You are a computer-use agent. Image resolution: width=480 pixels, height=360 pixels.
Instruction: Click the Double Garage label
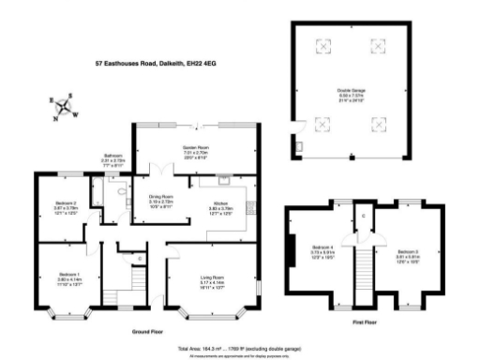click(x=351, y=93)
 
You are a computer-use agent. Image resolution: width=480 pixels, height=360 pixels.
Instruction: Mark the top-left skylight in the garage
click(x=324, y=44)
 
